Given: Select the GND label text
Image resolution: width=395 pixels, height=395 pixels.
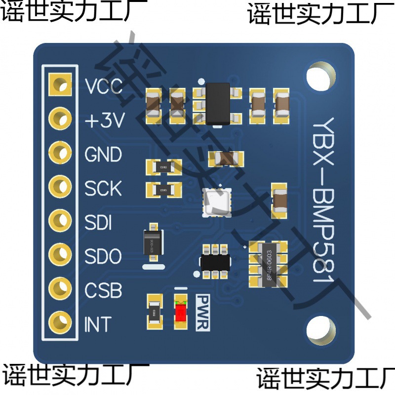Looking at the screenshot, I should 103,155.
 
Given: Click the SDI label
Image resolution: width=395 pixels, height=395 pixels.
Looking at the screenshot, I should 98,223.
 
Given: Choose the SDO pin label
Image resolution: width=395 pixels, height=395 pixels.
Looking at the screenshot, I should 103,256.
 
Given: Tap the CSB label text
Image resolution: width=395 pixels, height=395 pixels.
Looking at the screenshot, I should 103,290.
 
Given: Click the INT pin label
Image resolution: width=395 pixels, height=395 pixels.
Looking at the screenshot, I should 98,324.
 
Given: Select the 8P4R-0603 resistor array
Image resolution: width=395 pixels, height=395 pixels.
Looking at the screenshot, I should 268,264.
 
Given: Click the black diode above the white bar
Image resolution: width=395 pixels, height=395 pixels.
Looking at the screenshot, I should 153,242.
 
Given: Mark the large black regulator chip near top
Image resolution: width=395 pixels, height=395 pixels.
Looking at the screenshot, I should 217,103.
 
